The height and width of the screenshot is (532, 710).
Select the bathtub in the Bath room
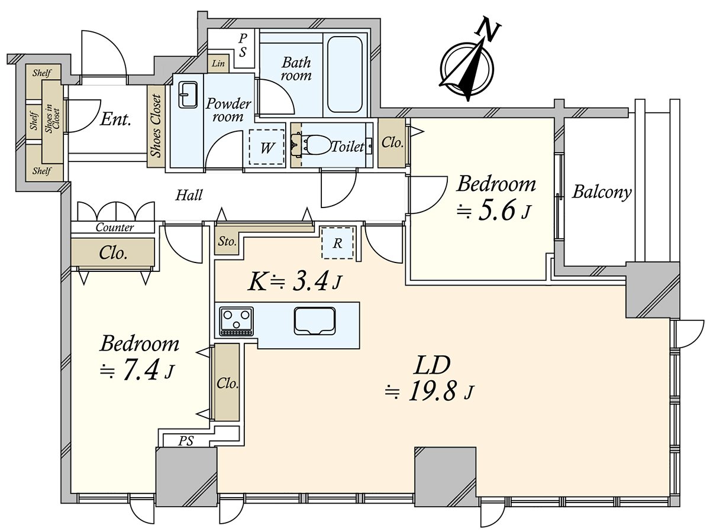[344, 74]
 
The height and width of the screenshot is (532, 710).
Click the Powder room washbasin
[188, 95]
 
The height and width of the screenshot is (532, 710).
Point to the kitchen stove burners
[237, 321]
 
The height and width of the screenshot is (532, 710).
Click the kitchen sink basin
[314, 322]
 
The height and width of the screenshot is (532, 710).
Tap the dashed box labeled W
[267, 147]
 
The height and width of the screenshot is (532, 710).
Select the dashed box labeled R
[337, 242]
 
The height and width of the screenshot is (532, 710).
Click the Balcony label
[602, 192]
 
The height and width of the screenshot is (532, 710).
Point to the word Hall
[189, 195]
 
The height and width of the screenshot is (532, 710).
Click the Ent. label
[116, 120]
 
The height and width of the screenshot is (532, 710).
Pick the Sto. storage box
[228, 242]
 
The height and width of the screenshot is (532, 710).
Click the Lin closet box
[218, 63]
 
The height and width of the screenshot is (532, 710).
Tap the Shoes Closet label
[156, 125]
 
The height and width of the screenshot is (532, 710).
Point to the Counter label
[114, 228]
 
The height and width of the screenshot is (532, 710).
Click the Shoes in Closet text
[52, 121]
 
